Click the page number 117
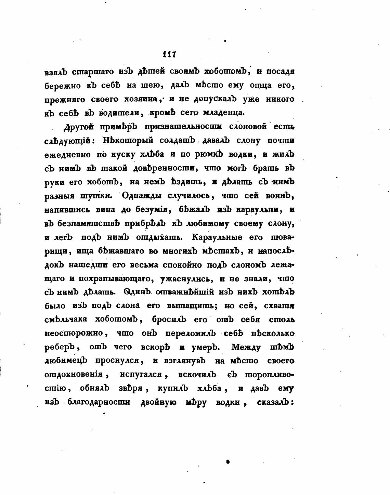coord(169,54)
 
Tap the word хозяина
coord(140,99)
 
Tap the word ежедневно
coord(67,154)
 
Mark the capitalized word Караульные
coord(217,237)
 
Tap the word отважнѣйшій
coord(185,292)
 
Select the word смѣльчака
coord(65,320)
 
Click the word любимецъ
coord(66,361)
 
